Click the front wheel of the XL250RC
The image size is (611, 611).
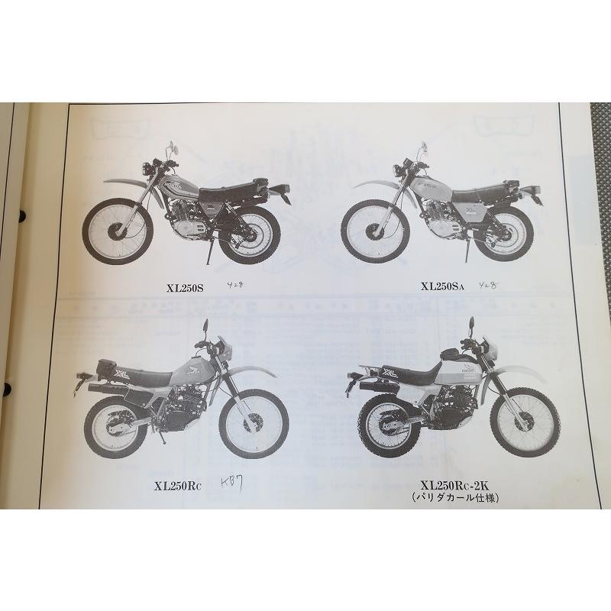253,422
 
